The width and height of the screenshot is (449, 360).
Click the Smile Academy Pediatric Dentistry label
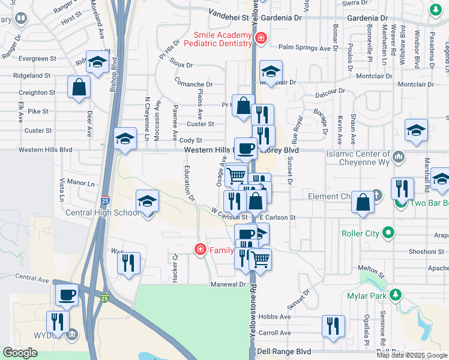222,39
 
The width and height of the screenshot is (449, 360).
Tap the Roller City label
360,233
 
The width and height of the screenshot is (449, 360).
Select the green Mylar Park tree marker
394,295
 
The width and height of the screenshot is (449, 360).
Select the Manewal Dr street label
228,284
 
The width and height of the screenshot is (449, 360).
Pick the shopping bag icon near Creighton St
79,88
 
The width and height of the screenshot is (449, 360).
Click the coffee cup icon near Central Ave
67,295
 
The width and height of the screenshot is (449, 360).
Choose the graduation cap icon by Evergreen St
96,61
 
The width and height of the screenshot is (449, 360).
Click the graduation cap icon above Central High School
147,201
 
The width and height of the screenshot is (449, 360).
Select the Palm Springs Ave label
305,47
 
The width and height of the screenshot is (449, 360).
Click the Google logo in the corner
20,353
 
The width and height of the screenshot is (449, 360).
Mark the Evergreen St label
37,59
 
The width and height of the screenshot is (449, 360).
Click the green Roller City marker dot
388,233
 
